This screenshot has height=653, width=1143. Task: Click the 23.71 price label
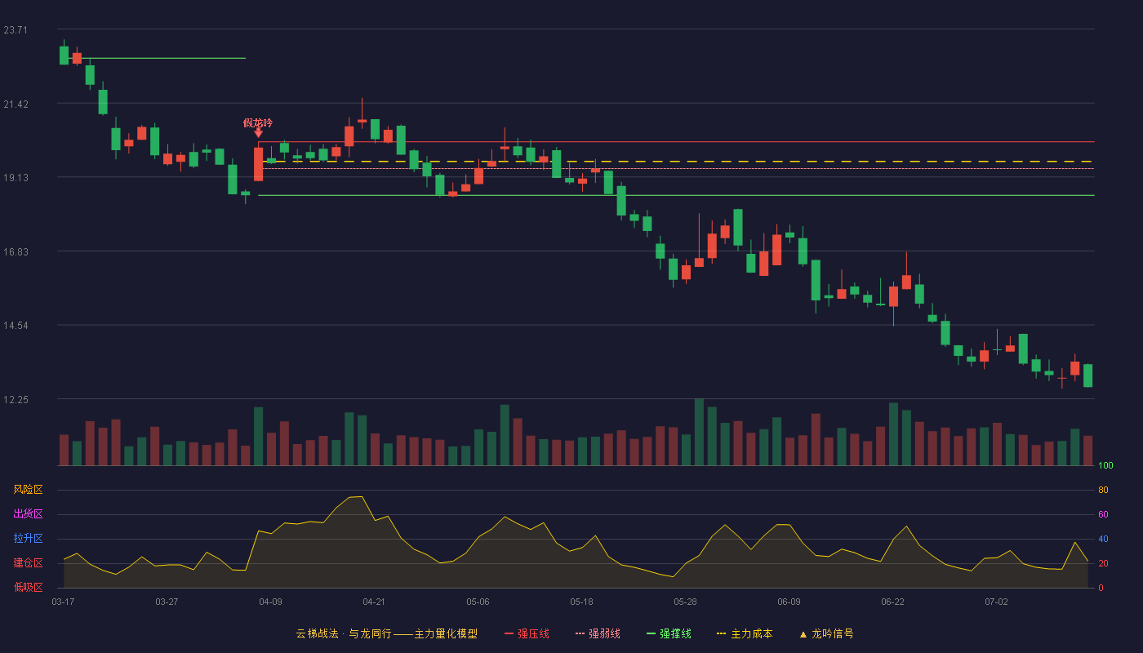(16, 30)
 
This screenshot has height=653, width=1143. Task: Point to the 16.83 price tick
(16, 252)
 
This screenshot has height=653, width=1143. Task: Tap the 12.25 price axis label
(16, 400)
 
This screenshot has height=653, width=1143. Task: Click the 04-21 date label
(374, 602)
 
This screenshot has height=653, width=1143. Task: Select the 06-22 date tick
(892, 602)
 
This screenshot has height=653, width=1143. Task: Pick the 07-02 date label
(996, 602)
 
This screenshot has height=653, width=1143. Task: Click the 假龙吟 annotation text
(258, 123)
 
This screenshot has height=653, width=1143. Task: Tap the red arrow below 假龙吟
(259, 133)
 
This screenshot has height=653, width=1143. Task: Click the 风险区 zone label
(28, 490)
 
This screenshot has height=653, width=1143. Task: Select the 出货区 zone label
(28, 513)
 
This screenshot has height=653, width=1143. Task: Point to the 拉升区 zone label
(28, 538)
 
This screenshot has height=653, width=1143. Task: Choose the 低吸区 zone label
(28, 587)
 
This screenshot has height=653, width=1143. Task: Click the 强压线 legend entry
(527, 633)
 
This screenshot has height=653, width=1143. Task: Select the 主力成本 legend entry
(745, 633)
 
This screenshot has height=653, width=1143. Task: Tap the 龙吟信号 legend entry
(826, 633)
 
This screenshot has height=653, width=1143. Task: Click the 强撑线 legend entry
(669, 633)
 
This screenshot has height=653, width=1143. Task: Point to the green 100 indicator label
(1105, 465)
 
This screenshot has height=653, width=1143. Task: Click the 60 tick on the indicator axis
(1103, 514)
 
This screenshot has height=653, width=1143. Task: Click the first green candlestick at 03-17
(64, 56)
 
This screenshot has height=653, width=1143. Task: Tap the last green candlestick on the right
(1087, 375)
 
